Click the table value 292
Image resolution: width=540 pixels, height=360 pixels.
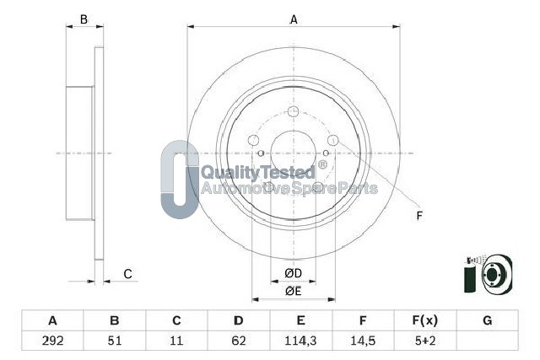pos(52,341)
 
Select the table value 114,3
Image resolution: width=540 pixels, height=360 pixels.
pos(300,341)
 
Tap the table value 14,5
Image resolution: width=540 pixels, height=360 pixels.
pos(363,341)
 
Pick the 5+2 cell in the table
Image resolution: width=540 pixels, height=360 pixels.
pos(425,341)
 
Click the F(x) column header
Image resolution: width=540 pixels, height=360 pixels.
pos(425,320)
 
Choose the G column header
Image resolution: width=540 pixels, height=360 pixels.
pos(488,320)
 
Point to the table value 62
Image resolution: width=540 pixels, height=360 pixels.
pos(239,341)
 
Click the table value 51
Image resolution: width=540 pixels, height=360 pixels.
pos(115,341)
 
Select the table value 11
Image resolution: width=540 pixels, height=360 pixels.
pos(176,341)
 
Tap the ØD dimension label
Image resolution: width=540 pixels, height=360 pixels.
pos(294,273)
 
